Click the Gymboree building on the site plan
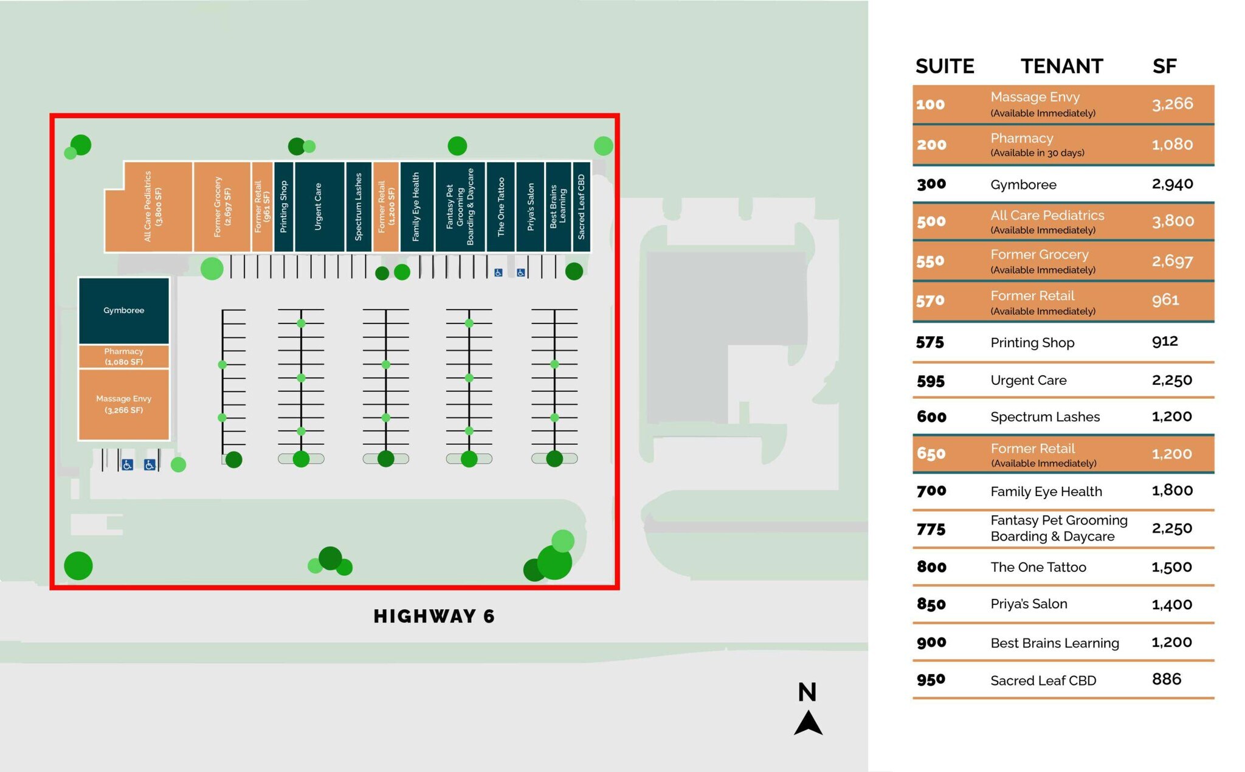tap(123, 311)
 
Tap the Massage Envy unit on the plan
tap(123, 404)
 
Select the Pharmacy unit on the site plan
tap(123, 356)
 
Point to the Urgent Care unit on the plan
tap(319, 207)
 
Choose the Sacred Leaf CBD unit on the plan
tap(581, 207)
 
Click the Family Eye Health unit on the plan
tap(416, 207)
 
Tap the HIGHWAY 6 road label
tap(434, 616)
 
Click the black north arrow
tap(808, 723)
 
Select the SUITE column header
tap(945, 66)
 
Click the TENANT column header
tap(1061, 66)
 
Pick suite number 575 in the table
tap(930, 343)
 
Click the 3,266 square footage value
tap(1172, 104)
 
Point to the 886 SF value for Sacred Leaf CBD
tap(1167, 679)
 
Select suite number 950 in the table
tap(931, 680)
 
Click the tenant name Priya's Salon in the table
tap(1029, 604)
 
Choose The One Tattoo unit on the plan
tap(501, 207)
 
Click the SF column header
tap(1164, 66)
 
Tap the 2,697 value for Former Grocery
tap(1172, 261)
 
